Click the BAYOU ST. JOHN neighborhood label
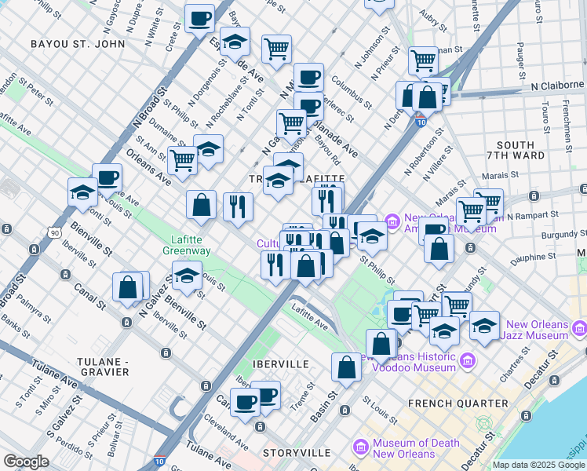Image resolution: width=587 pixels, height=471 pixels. click(78, 44)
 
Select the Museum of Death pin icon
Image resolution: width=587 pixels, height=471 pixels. click(361, 448)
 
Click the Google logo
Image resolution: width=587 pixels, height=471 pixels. click(26, 462)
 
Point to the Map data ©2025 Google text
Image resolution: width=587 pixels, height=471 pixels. click(538, 465)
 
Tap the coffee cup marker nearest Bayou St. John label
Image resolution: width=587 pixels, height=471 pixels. click(199, 19)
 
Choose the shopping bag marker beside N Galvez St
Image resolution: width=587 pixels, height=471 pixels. click(128, 288)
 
